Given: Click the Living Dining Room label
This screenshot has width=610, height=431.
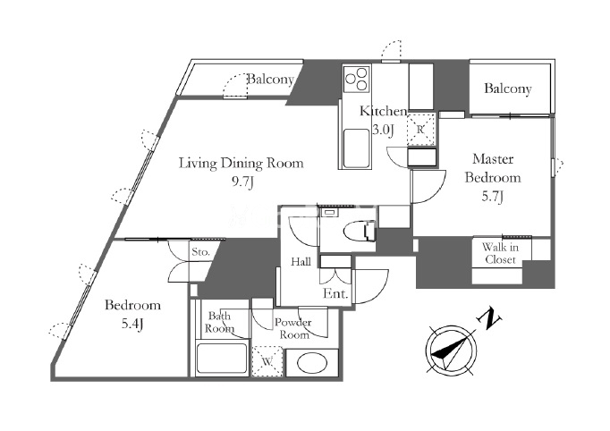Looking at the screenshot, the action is pos(241,164).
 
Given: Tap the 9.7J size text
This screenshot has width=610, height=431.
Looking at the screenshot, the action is pos(243,182).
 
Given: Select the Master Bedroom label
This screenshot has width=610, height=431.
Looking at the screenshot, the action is pos(493,168).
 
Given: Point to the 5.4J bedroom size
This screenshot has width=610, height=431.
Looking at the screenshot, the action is pos(132,324).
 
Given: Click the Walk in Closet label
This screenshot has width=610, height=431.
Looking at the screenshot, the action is pos(500,253).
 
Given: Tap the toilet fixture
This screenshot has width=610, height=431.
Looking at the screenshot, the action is pos(360,232).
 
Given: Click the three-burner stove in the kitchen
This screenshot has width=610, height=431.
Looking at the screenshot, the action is pos(356,79).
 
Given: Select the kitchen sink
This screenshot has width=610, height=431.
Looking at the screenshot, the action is pos(357,148).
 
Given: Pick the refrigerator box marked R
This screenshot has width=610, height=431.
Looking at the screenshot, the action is pos(420,130).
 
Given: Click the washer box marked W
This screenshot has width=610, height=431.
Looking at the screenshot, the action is pos(267,361).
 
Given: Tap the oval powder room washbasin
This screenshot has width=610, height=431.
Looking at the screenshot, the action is pos(312,363).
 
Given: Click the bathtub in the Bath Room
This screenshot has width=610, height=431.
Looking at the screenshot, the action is pos(222,359).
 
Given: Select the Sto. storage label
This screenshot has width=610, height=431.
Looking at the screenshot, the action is pos(200,252).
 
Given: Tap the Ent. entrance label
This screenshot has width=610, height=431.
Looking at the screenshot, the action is pos(335,293).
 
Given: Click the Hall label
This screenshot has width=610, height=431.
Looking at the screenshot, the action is pos(301,262).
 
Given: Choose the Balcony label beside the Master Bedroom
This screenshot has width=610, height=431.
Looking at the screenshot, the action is pos(508,89).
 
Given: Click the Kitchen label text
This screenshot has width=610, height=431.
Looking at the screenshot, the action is pos(383,111).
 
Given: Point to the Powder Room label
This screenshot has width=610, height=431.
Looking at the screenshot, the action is pos(293,328).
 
